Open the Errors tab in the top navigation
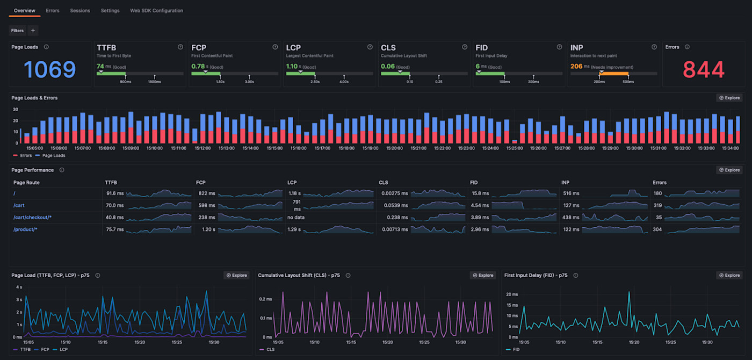tap(53, 10)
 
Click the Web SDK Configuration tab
tap(156, 10)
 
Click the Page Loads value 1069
tap(50, 69)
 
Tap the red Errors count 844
tap(703, 69)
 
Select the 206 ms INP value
tap(576, 67)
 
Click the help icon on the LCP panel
tap(370, 47)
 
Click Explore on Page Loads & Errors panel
tap(729, 98)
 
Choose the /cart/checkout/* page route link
tap(32, 217)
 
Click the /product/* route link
tap(25, 229)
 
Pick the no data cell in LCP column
tap(296, 217)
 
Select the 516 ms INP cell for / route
tap(571, 193)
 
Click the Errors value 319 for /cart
tap(657, 205)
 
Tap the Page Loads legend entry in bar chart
tap(53, 155)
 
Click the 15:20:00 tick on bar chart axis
tap(394, 148)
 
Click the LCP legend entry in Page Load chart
tap(63, 349)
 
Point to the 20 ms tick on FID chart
tap(512, 294)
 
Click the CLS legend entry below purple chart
tap(270, 349)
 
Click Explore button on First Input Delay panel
tap(729, 275)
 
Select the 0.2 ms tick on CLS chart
tap(265, 299)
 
